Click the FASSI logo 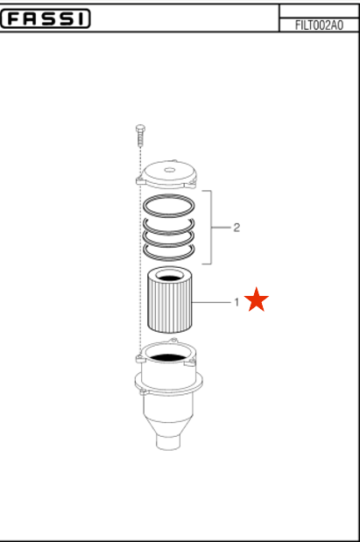coord(46,18)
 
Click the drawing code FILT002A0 coord(319,25)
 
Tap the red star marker coord(257,299)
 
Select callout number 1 coord(236,302)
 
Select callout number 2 coord(236,228)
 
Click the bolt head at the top coord(140,129)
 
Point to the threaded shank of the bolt coord(140,139)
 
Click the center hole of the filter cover coord(169,170)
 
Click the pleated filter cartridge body coord(170,304)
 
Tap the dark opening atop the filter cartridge coord(170,278)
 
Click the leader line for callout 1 coord(212,302)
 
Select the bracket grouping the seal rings coord(211,227)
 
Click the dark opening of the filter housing coord(168,358)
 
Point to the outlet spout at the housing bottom coord(168,442)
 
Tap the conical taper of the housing coord(168,426)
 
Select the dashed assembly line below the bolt coord(140,250)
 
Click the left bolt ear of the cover coord(140,180)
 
